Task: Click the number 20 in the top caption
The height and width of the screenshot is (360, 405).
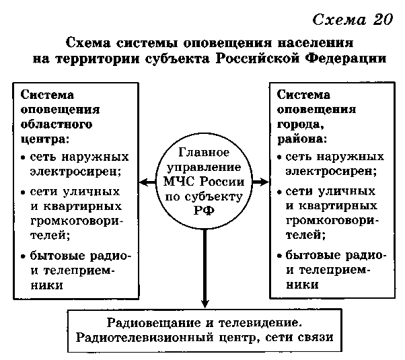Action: tap(383, 20)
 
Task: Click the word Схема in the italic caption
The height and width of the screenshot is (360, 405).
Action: tap(339, 20)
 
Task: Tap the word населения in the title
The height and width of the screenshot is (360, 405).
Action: tap(316, 42)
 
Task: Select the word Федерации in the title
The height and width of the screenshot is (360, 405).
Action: tap(346, 59)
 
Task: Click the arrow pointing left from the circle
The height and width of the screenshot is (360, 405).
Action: tap(148, 182)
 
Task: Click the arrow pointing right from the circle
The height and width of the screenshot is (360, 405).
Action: tap(260, 182)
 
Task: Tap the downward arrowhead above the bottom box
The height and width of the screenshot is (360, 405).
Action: tap(205, 303)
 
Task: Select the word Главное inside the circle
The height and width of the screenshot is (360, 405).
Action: tap(204, 153)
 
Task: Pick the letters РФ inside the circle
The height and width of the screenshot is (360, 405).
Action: tap(204, 211)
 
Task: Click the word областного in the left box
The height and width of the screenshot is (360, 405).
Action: tap(57, 124)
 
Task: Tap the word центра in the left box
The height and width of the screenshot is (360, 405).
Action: tap(43, 140)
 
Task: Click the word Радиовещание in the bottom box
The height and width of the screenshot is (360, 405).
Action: tap(153, 323)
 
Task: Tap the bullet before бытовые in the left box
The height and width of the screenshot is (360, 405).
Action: tap(24, 256)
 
